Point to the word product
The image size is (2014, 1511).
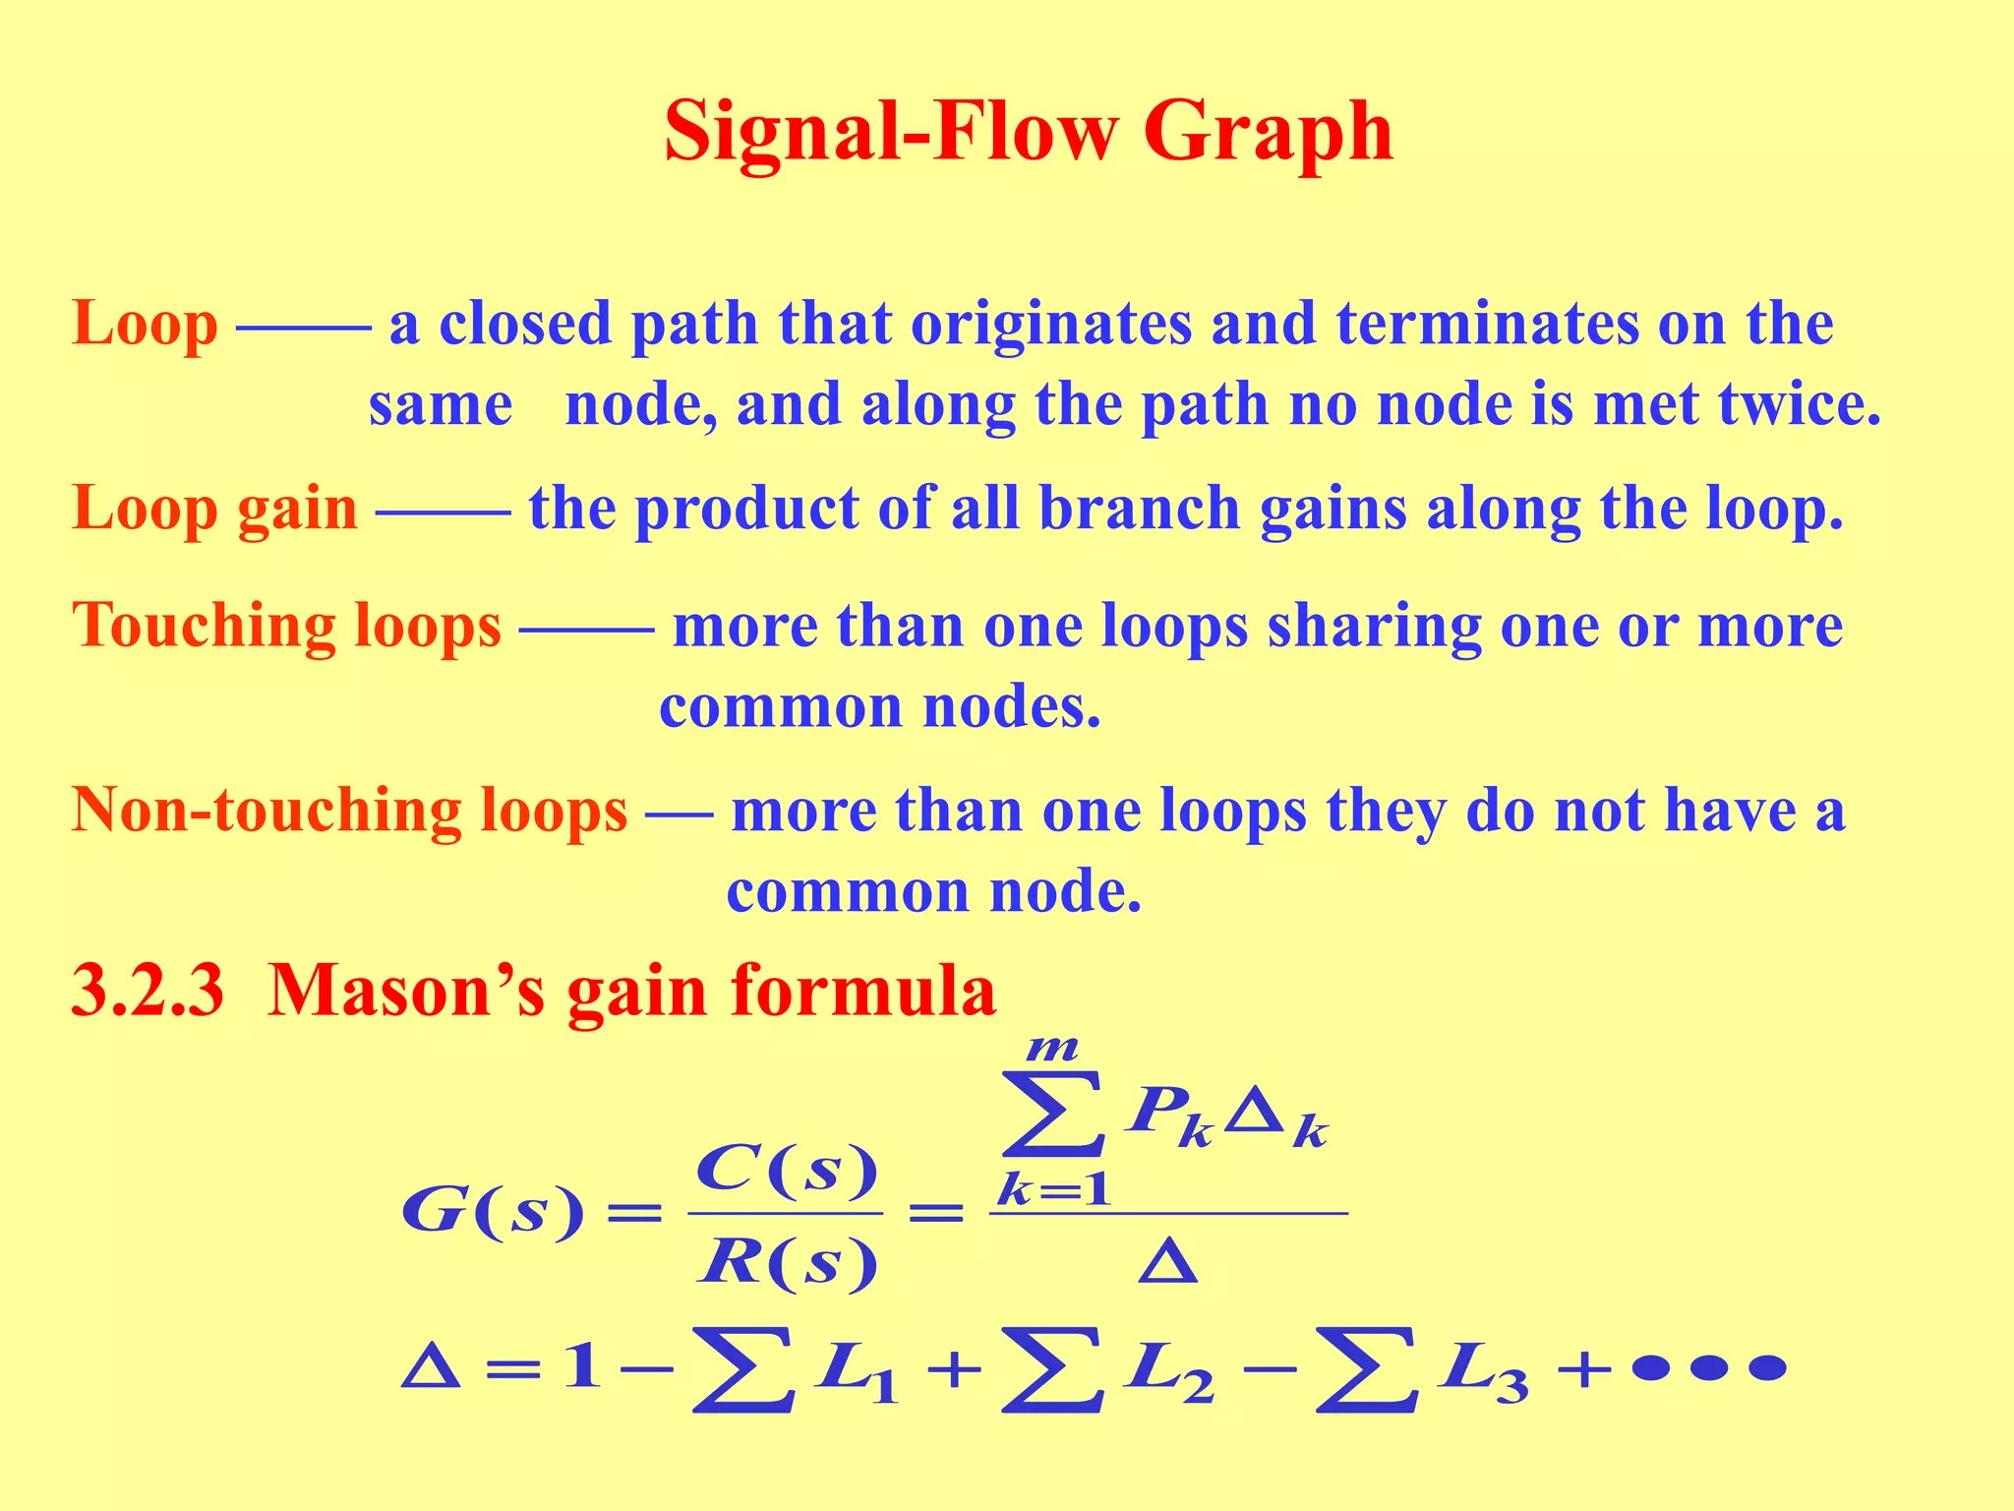point(746,511)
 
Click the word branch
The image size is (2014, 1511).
point(1139,509)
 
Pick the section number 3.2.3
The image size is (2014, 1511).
point(148,991)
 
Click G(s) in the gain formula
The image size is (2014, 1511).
point(492,1212)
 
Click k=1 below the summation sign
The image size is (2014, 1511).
point(1053,1191)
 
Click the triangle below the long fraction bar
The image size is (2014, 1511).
point(1167,1262)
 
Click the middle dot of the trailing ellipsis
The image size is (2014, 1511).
point(1709,1368)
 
